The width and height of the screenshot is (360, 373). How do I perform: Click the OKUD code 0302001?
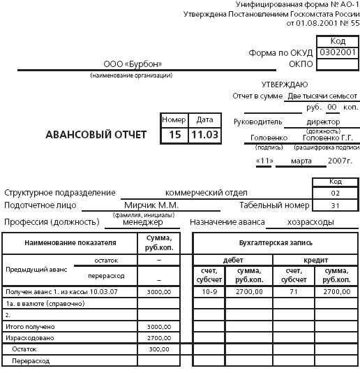pos(337,52)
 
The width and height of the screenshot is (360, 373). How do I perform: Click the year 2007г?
pos(339,161)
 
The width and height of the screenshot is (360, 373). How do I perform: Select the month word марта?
pos(301,161)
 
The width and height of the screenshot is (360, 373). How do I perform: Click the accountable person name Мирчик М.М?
pos(151,205)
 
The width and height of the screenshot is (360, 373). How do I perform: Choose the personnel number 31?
pos(335,205)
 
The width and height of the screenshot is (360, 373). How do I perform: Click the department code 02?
pos(335,193)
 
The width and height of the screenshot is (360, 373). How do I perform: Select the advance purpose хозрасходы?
pos(310,222)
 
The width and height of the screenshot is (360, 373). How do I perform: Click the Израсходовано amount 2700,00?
pos(158,337)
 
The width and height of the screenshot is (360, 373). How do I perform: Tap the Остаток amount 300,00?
pos(158,349)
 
